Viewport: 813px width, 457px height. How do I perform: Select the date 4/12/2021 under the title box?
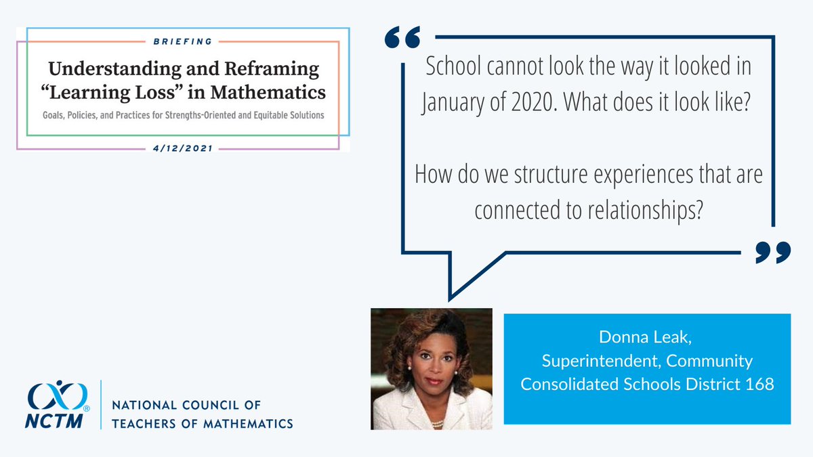pos(183,148)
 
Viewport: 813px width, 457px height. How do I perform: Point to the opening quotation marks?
pos(402,39)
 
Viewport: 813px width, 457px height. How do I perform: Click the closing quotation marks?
pos(772,252)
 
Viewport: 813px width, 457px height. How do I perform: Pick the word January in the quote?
pos(452,104)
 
